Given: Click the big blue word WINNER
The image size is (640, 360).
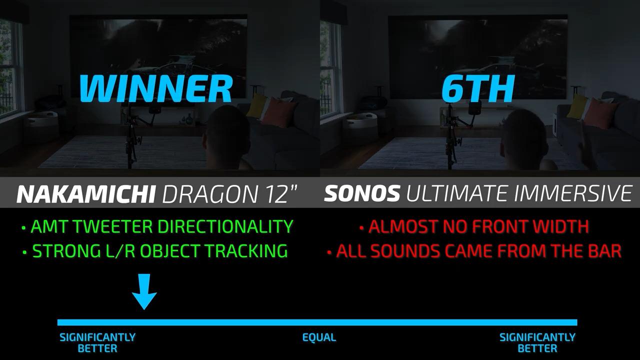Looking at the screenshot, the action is tap(155, 88).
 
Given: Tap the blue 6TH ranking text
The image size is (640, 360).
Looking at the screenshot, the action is tap(477, 88).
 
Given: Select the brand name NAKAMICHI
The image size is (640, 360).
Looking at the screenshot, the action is tap(85, 194).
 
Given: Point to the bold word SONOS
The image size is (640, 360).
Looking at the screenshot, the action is tap(362, 193).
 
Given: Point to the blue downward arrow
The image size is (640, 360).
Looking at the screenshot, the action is tap(144, 291).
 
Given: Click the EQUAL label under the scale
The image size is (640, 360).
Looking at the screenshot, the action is tap(319, 337).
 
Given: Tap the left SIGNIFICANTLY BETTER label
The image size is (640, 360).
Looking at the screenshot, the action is tap(97, 343).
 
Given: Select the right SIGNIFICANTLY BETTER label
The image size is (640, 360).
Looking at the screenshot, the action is tap(537, 343).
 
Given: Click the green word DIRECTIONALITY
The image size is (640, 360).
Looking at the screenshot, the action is tap(225, 226).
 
